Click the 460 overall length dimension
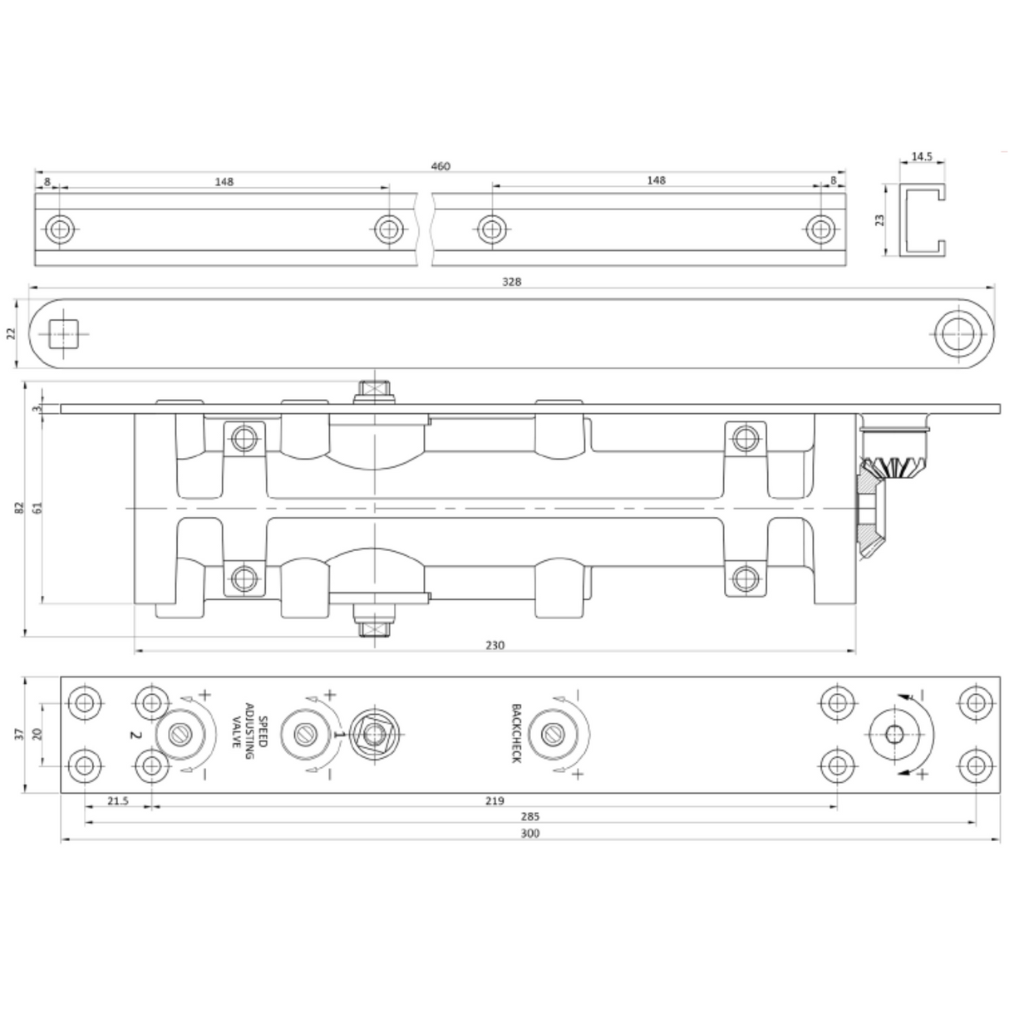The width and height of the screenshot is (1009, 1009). [x=440, y=166]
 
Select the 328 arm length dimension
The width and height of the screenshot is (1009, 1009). [x=512, y=282]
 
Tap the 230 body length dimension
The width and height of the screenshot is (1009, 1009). [x=495, y=645]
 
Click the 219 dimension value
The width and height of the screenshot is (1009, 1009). [x=494, y=801]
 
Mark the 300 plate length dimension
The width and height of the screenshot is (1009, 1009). [x=529, y=834]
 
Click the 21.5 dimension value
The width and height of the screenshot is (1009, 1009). [x=117, y=801]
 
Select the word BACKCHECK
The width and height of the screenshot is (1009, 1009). [x=516, y=734]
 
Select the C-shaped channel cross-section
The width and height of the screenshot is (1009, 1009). [x=922, y=220]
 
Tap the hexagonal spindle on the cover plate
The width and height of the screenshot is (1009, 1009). [x=376, y=734]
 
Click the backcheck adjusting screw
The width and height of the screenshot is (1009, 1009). [x=551, y=734]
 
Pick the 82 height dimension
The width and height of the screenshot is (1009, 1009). [x=19, y=509]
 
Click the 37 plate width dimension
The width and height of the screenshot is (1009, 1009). [x=19, y=734]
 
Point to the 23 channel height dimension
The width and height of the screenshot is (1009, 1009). [x=880, y=219]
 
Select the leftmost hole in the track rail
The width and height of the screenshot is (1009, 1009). [x=59, y=229]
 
